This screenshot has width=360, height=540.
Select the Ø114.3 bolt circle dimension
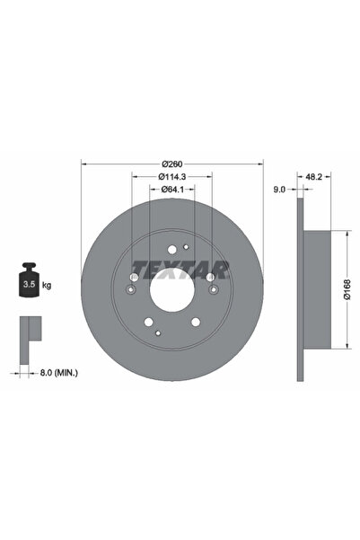coord(172,177)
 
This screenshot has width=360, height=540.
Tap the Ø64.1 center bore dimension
coord(172,190)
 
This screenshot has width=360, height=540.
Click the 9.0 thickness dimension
coord(278,190)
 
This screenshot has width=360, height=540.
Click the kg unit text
coord(47,285)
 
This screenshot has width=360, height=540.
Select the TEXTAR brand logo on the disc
coord(180,267)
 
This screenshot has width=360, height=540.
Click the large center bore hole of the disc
coord(172,290)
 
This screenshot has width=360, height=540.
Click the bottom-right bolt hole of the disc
coord(195,322)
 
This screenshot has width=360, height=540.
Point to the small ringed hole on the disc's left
coord(132,289)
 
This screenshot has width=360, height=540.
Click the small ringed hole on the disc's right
coord(213,289)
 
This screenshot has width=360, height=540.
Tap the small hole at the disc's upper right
coord(186,247)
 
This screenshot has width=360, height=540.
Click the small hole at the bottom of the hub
coord(159,332)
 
